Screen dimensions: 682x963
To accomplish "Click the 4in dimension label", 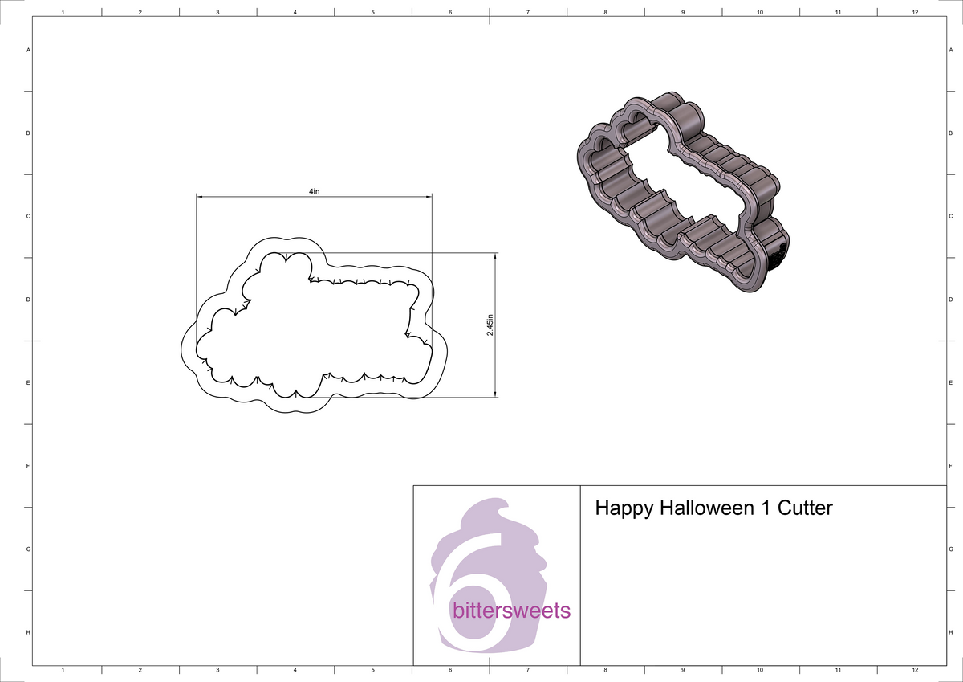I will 315,192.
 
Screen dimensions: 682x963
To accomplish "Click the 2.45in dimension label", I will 490,325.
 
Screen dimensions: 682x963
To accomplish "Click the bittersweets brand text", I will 512,611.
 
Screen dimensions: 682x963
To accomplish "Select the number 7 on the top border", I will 527,12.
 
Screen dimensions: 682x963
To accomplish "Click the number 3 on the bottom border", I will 217,669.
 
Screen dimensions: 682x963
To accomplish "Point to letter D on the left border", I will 29,300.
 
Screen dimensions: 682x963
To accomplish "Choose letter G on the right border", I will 950,549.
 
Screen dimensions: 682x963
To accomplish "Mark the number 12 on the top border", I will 915,12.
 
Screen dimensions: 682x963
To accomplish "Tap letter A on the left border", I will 29,50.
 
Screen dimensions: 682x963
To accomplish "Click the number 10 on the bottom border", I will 760,669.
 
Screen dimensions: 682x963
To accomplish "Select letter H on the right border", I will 950,633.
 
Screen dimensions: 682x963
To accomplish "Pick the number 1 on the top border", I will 63,12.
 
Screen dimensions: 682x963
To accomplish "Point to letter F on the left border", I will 29,466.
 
